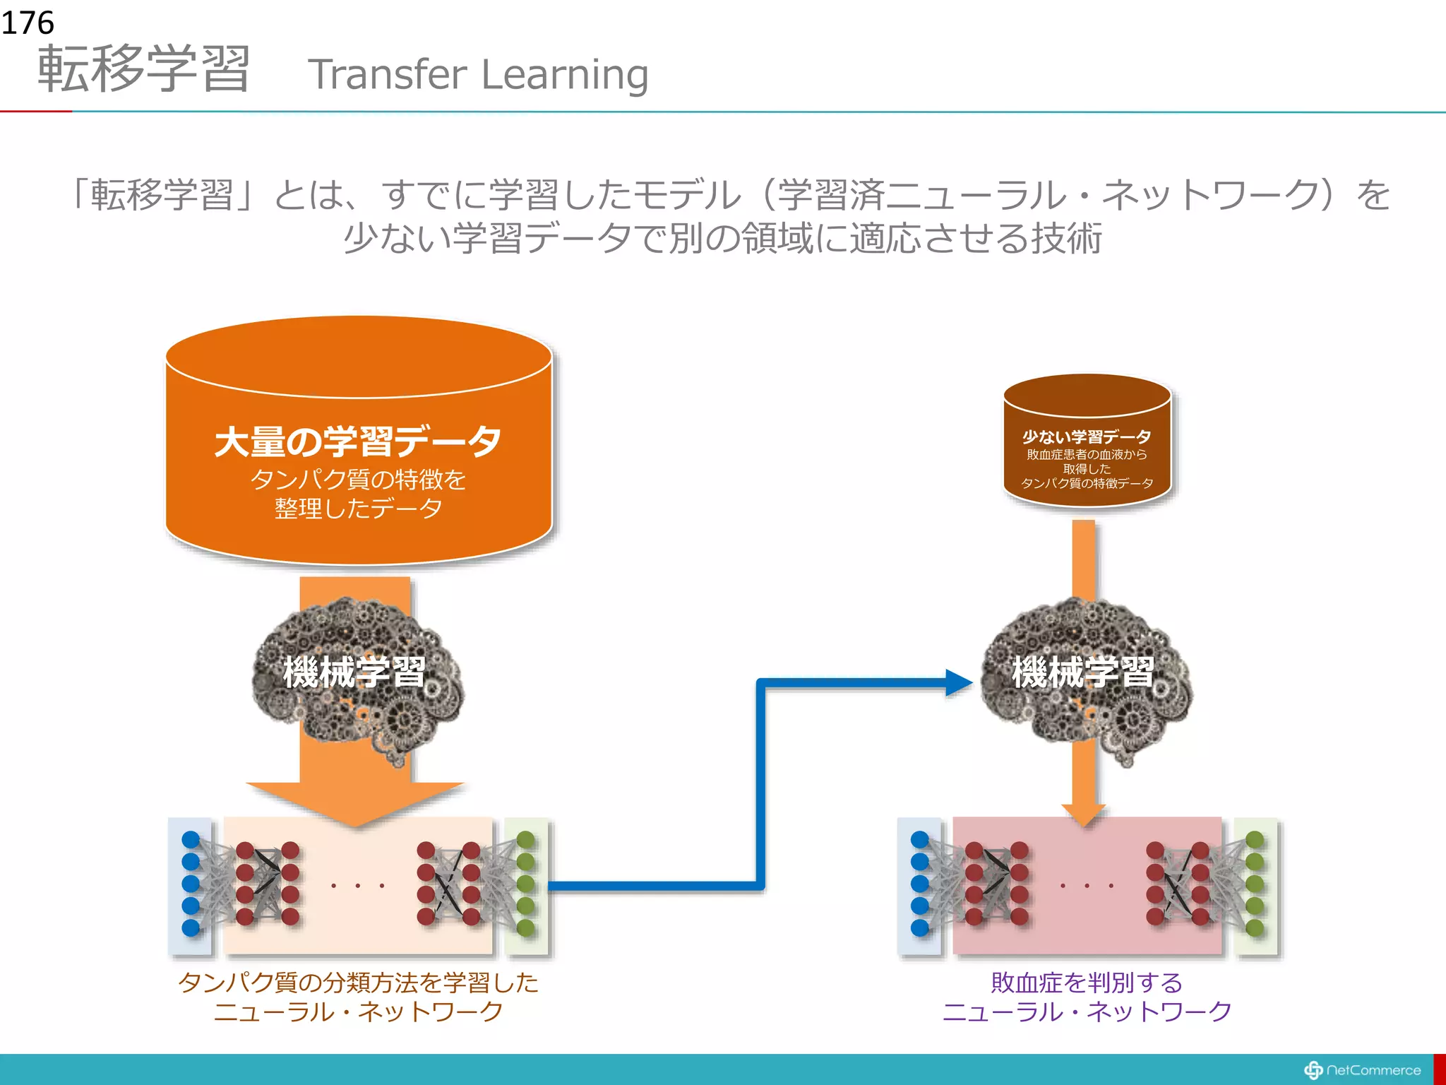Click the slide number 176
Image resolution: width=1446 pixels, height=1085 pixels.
click(x=27, y=23)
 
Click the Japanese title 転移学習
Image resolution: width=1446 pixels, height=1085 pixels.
click(x=144, y=69)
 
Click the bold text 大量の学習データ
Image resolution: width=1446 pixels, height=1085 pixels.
click(x=358, y=441)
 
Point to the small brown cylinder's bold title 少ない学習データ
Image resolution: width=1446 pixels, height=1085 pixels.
click(x=1087, y=437)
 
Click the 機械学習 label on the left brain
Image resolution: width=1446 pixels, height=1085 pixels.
click(x=354, y=671)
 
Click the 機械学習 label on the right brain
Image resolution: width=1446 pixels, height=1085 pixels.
click(x=1083, y=671)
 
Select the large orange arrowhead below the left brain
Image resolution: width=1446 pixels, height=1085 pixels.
click(x=355, y=802)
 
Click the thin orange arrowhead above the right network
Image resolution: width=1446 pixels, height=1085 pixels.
click(x=1084, y=814)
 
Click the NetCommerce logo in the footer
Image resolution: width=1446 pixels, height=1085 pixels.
click(x=1362, y=1070)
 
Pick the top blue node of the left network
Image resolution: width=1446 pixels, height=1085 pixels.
click(x=191, y=840)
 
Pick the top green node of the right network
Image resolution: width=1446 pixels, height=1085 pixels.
click(x=1255, y=840)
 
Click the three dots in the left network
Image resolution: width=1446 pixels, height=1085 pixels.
click(x=358, y=885)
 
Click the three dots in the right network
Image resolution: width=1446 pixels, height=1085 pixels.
click(x=1087, y=885)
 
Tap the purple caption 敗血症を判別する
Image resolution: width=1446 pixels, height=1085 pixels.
click(x=1087, y=983)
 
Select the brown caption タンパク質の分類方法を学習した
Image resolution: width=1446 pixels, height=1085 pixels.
click(x=358, y=983)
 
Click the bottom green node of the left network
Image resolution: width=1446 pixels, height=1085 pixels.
click(x=526, y=927)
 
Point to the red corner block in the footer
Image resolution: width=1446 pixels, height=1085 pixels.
click(x=1439, y=1069)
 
